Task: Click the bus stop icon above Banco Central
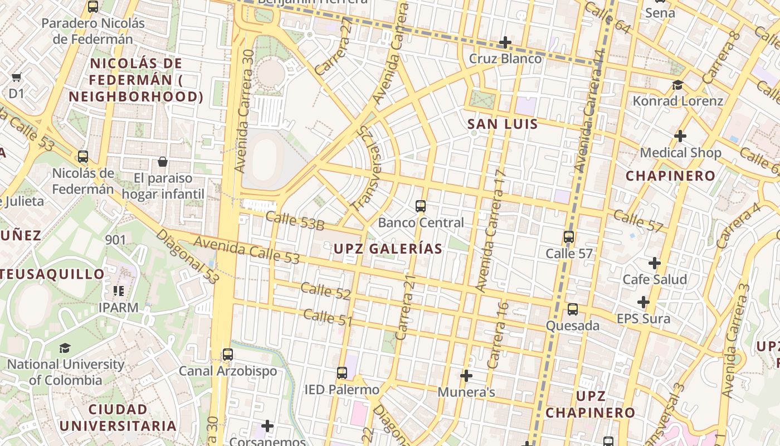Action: click(421, 206)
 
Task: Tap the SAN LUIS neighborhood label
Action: click(503, 124)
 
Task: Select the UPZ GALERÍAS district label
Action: click(388, 249)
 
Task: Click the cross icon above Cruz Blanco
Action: click(505, 42)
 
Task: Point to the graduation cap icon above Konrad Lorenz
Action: click(677, 85)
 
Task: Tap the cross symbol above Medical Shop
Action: click(680, 136)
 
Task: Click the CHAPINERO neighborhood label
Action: click(670, 176)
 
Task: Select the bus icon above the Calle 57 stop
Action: click(569, 237)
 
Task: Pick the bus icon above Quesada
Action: click(573, 309)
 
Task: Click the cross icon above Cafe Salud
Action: click(655, 263)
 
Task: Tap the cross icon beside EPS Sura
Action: click(643, 302)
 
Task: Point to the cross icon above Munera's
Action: click(466, 376)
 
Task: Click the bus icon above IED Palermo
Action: click(342, 373)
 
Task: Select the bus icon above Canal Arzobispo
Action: click(227, 355)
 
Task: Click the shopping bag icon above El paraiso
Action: click(163, 162)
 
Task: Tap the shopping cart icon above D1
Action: click(17, 77)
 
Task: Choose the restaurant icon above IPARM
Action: click(118, 291)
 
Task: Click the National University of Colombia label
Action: click(66, 372)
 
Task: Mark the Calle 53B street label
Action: click(295, 221)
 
